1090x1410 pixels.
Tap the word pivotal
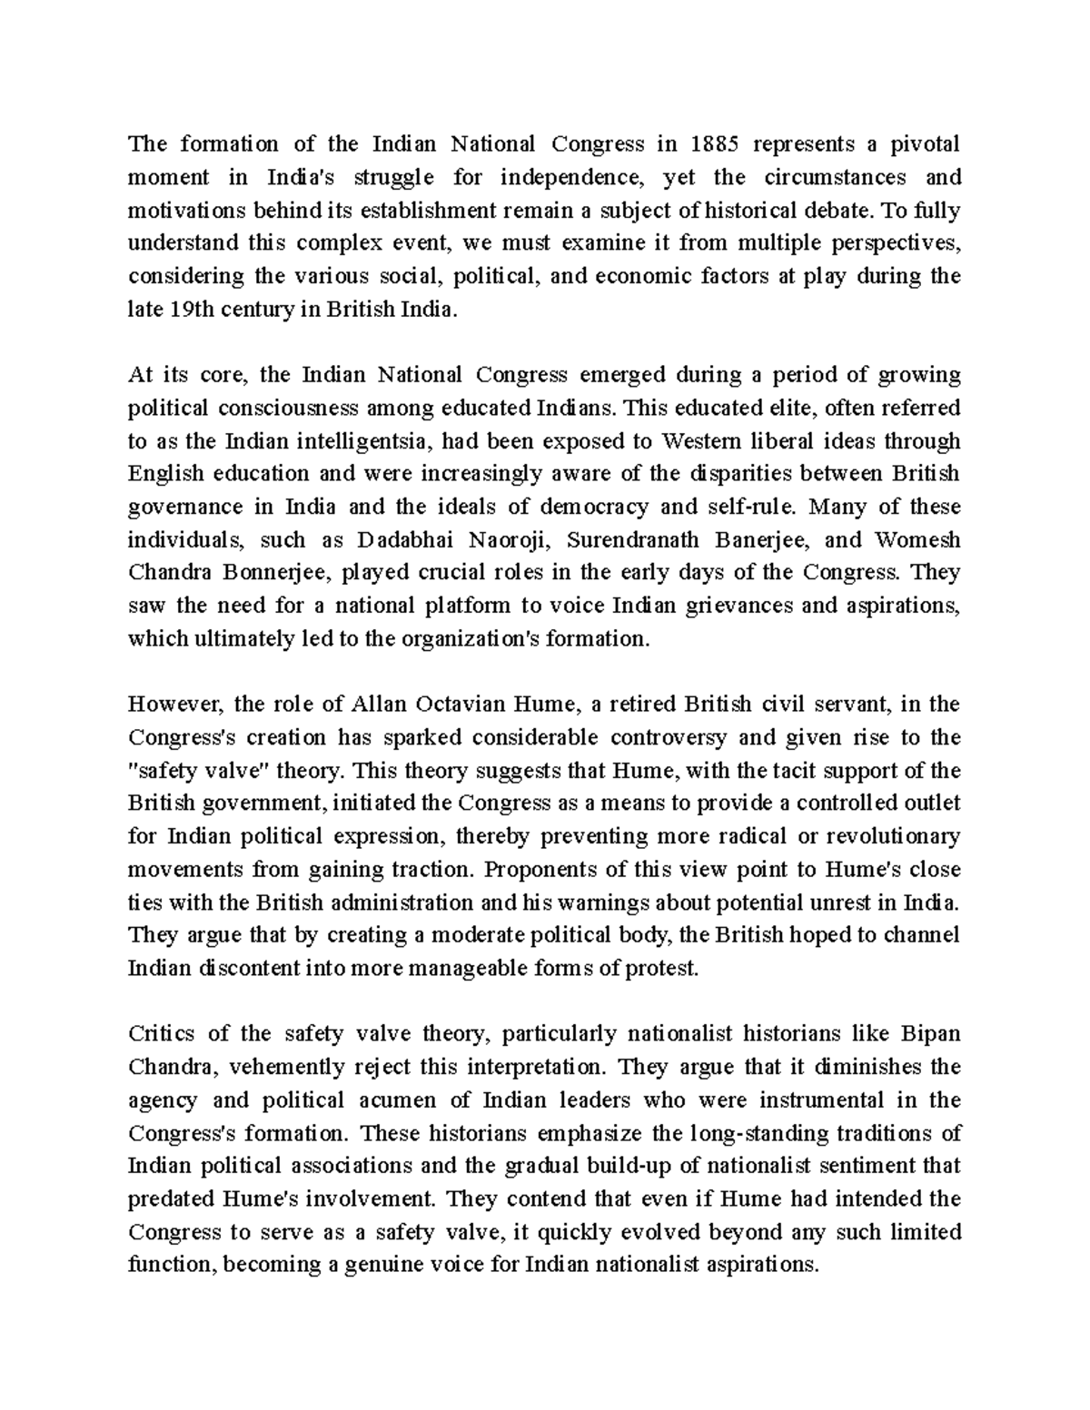[x=923, y=143]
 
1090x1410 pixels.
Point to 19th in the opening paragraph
[x=190, y=309]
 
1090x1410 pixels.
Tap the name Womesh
[x=917, y=540]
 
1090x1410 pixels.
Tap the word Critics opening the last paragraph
[x=162, y=1034]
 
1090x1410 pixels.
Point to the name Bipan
[x=931, y=1034]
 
